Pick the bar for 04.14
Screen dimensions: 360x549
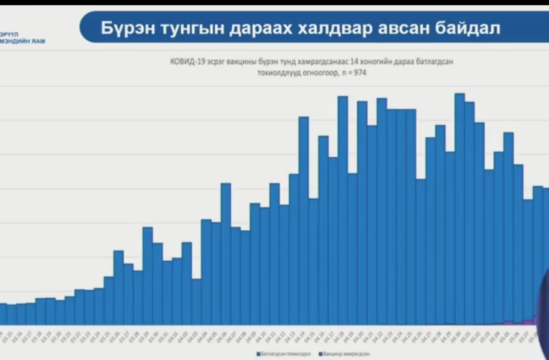(304, 220)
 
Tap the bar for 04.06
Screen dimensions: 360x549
(226, 253)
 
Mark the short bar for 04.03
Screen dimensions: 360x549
(196, 301)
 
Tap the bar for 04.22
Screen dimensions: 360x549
(382, 211)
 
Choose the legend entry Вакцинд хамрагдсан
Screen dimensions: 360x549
(346, 354)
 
